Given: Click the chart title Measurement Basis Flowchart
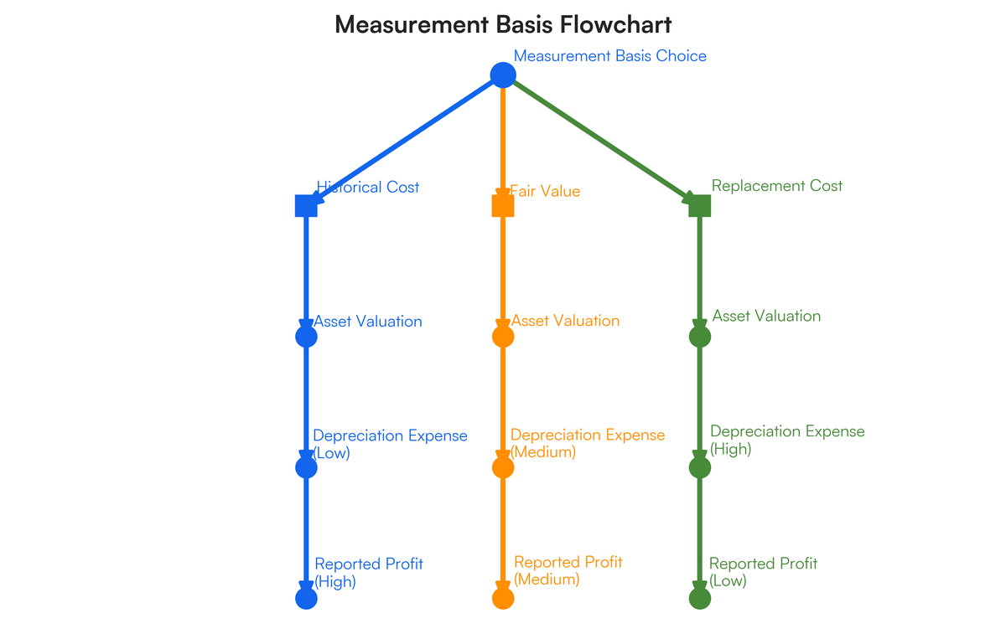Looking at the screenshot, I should click(x=503, y=24).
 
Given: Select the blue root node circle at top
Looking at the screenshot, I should click(x=502, y=75).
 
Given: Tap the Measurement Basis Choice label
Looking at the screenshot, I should click(x=609, y=56).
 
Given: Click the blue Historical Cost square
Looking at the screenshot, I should click(x=306, y=205).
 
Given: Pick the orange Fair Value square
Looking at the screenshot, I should click(x=502, y=205).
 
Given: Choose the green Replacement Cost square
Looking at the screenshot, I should click(x=699, y=205).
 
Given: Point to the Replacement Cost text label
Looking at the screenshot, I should click(x=776, y=186).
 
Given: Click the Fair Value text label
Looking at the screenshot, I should click(x=545, y=192).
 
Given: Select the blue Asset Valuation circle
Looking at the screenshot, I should click(x=306, y=337).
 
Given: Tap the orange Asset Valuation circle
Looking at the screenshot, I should click(x=502, y=337).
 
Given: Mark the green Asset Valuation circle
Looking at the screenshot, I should click(x=699, y=337).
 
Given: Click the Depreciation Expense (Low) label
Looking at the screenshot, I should click(x=389, y=444).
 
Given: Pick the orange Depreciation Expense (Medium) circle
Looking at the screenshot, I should click(x=502, y=467).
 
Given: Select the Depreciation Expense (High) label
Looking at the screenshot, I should click(x=786, y=440).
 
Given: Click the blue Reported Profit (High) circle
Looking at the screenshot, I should click(x=306, y=598).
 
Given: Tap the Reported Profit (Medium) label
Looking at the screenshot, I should click(x=568, y=570).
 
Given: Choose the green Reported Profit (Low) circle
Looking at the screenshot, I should click(x=699, y=598).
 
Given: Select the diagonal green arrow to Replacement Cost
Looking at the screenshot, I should click(x=600, y=139).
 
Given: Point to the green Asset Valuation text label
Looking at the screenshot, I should click(x=766, y=316).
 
